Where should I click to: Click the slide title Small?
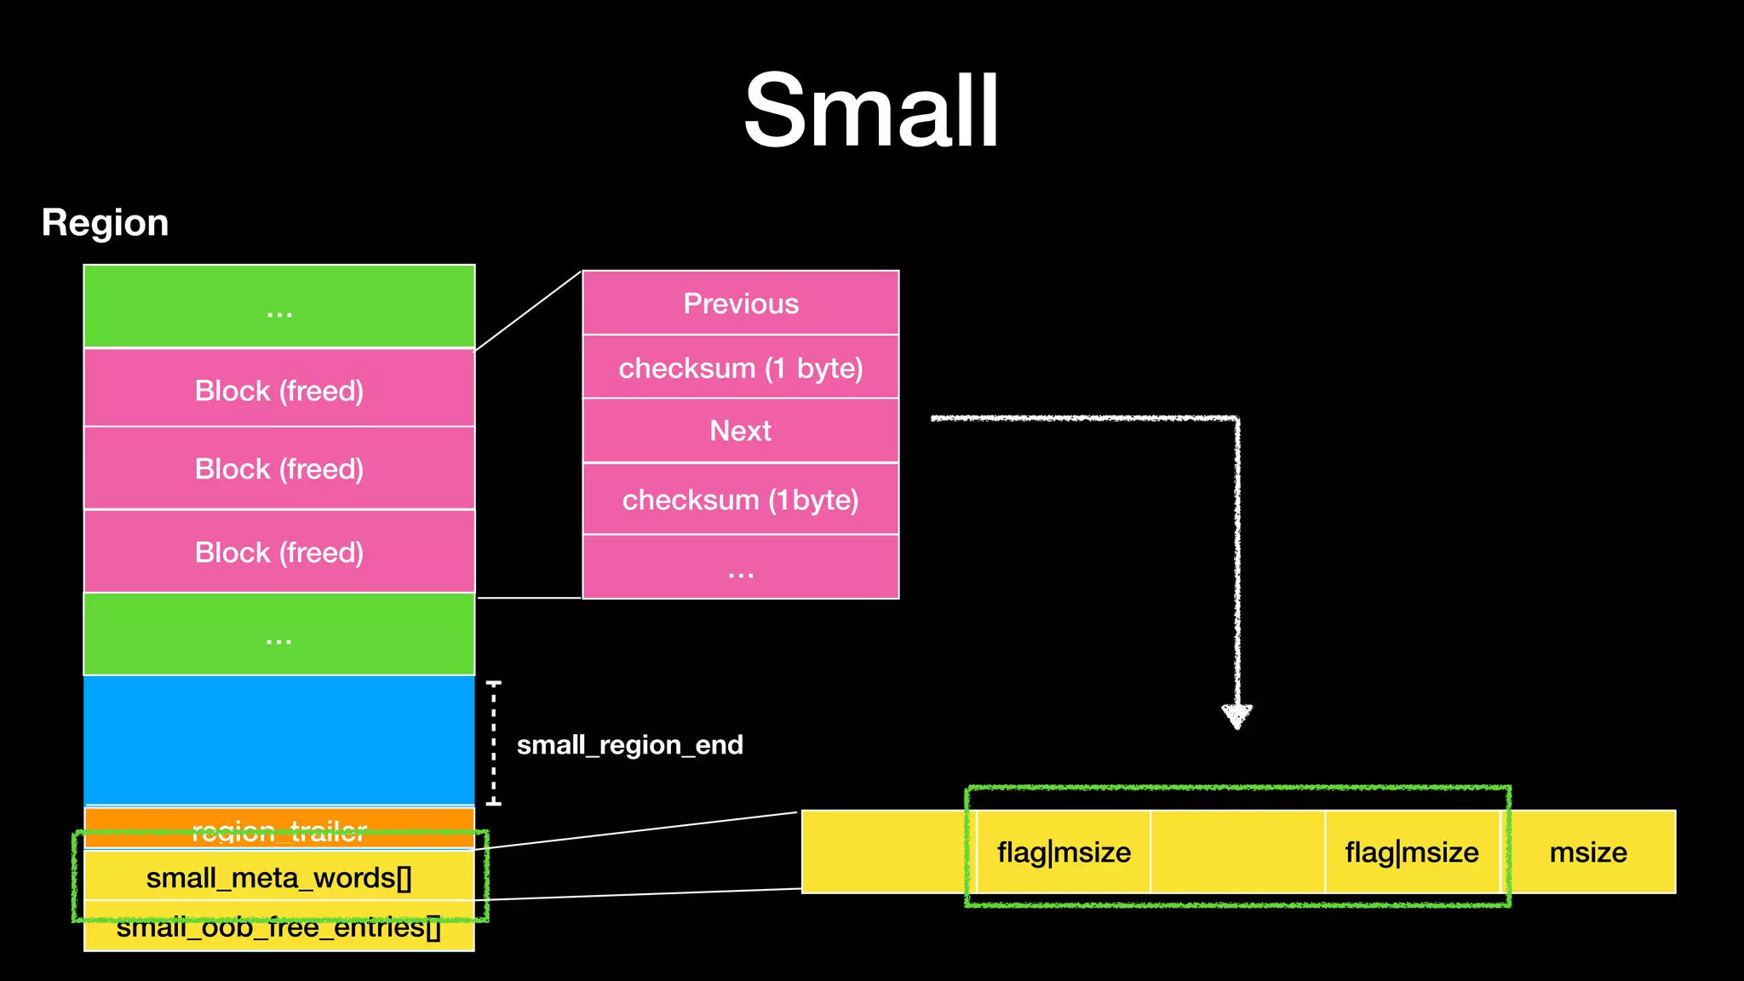click(x=871, y=111)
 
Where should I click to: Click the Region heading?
click(x=105, y=223)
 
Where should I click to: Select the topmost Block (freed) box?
click(x=279, y=390)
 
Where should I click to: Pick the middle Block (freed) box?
click(x=279, y=468)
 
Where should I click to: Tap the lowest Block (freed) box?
click(x=279, y=552)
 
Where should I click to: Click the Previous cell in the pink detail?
click(x=741, y=303)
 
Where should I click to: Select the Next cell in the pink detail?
click(x=741, y=431)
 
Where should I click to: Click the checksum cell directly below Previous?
click(x=741, y=368)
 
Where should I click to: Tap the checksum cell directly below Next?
click(x=741, y=500)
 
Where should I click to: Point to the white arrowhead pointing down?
click(x=1236, y=715)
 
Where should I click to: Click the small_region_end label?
click(x=629, y=745)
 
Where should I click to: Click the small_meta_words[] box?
click(x=279, y=878)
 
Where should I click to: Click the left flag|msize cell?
click(x=1064, y=852)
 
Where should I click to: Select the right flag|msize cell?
click(x=1411, y=852)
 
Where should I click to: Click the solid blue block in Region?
click(x=279, y=739)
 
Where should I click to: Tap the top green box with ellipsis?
click(x=279, y=307)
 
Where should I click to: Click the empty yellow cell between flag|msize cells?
click(x=1237, y=852)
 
